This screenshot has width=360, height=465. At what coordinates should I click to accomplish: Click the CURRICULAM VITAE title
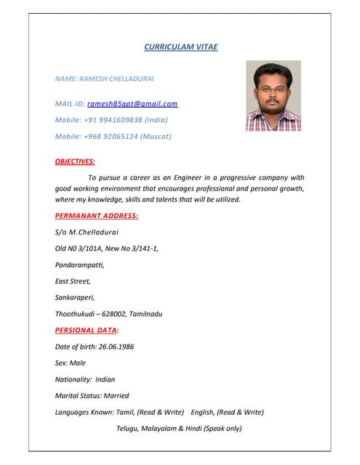(x=180, y=47)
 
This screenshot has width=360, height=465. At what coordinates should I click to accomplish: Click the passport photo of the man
(x=273, y=96)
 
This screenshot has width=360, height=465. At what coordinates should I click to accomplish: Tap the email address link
(x=132, y=104)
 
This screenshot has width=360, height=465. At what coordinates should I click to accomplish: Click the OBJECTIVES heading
(x=75, y=161)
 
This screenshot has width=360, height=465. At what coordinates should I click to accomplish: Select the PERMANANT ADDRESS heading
(x=97, y=216)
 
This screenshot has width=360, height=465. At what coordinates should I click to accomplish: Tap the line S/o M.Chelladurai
(x=87, y=232)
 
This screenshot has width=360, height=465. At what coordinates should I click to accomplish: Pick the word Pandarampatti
(x=80, y=264)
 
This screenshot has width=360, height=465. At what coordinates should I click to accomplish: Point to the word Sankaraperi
(x=75, y=297)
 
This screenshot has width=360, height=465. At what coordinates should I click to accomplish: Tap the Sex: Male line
(x=71, y=363)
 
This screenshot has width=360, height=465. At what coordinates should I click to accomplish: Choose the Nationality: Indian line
(x=85, y=379)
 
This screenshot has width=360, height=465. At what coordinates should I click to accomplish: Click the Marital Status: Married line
(x=92, y=396)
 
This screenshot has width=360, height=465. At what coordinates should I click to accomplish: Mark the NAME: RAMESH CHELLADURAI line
(x=105, y=78)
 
